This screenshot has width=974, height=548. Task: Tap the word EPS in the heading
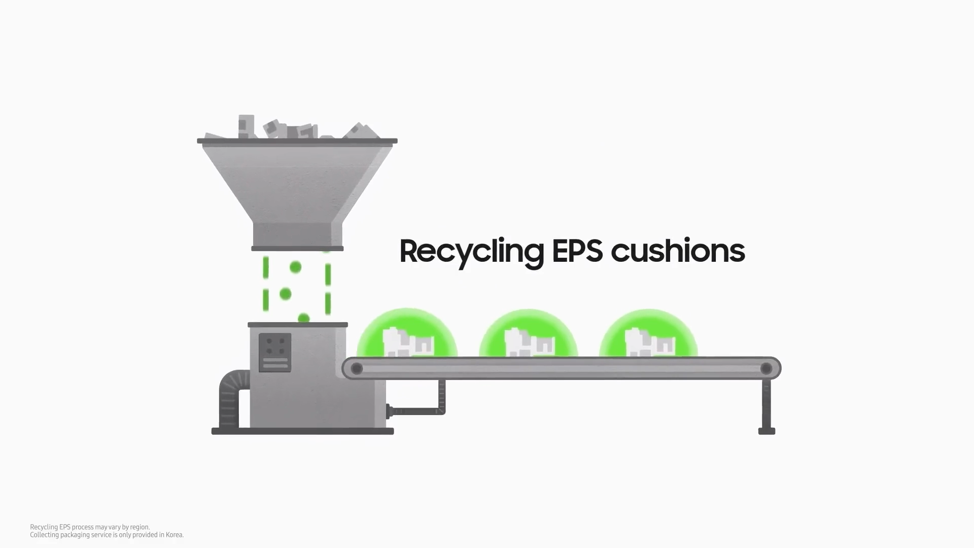(x=577, y=251)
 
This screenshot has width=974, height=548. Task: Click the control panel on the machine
(x=275, y=353)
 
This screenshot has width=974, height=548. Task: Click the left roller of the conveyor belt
(x=357, y=369)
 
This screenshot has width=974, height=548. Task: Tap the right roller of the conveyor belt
(x=766, y=368)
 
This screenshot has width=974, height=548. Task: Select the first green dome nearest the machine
(x=407, y=333)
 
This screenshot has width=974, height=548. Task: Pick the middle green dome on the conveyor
(x=528, y=333)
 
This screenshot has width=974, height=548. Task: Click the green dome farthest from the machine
(x=648, y=333)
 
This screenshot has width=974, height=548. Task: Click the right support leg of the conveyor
(x=767, y=404)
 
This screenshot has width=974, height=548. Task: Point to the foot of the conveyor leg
(x=767, y=431)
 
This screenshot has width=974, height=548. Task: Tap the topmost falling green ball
(x=295, y=267)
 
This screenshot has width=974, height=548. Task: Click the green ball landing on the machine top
(x=303, y=318)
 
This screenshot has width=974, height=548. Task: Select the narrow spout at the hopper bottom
(x=297, y=234)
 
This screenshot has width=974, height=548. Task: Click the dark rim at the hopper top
(x=297, y=141)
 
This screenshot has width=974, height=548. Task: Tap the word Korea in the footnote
(x=174, y=535)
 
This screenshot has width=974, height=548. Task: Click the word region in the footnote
(x=140, y=528)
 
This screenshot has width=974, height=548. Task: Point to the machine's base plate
(x=302, y=431)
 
